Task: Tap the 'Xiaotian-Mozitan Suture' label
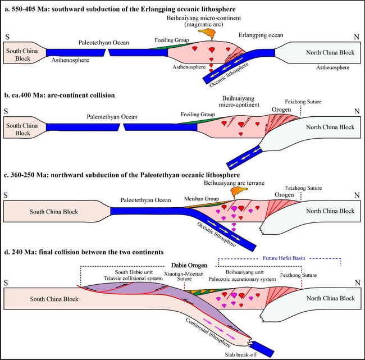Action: coord(184,278)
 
